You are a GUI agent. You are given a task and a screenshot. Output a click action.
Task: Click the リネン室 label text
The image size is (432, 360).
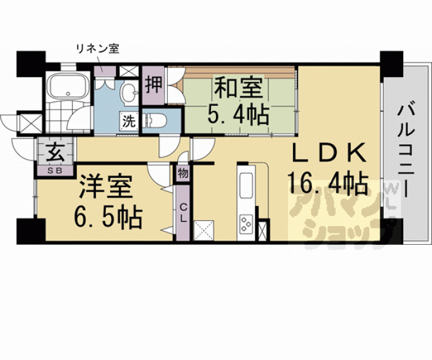click(97, 49)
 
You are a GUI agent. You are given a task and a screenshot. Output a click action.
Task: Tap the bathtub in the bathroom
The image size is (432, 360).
click(69, 85)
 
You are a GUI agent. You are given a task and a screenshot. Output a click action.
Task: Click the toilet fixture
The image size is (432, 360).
click(155, 120)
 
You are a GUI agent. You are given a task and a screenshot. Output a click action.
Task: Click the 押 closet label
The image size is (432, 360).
click(153, 85)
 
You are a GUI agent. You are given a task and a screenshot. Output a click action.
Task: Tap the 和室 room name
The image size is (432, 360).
click(239, 88)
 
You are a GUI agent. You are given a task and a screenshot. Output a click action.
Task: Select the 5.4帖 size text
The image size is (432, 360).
click(238, 115)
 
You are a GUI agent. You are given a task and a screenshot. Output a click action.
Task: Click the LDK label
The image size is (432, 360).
click(329, 153)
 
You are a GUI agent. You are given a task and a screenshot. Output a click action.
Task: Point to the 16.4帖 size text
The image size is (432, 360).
click(328, 183)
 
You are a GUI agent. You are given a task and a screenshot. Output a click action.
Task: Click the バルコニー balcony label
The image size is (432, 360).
click(406, 151)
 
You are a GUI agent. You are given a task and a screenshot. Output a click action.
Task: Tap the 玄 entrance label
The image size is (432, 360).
click(55, 153)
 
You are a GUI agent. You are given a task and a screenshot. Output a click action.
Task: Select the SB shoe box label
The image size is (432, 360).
click(55, 170)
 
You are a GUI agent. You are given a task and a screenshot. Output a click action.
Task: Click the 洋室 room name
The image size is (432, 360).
click(106, 187)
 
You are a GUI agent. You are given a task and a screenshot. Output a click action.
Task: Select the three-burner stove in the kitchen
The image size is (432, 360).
click(246, 224)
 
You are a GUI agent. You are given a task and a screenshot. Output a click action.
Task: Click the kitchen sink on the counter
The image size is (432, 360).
click(246, 185)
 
